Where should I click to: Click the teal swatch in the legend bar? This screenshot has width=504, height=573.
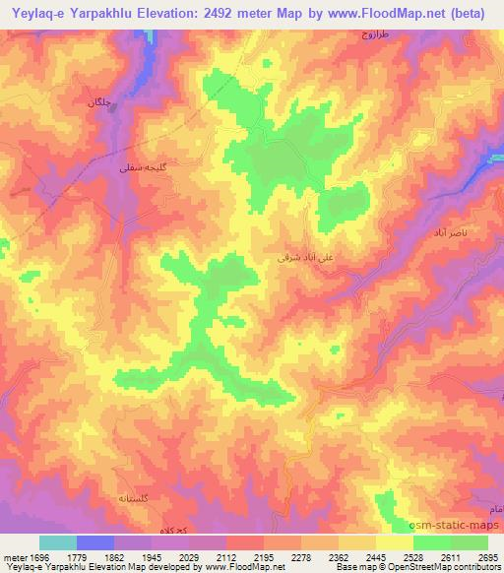pyautogui.click(x=58, y=542)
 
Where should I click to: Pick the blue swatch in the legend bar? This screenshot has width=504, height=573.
pyautogui.click(x=95, y=542)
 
